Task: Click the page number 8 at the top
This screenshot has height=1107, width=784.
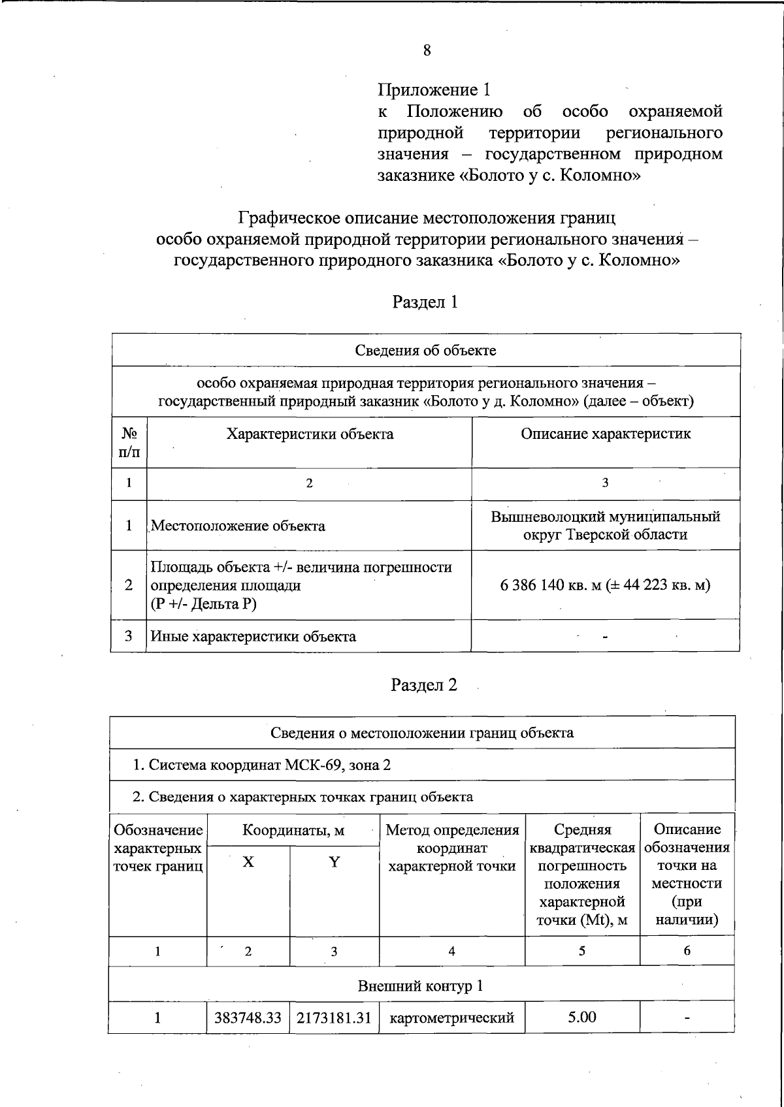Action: pos(426,51)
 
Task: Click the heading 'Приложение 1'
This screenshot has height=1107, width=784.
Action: pos(434,89)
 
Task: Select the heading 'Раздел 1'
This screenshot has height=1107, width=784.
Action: pos(425,302)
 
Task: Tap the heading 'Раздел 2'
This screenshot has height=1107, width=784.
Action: pos(424,684)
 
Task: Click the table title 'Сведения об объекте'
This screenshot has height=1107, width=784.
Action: pos(425,350)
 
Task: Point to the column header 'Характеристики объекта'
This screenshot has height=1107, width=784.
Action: pos(310,434)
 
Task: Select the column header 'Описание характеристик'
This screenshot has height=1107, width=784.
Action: pos(605,434)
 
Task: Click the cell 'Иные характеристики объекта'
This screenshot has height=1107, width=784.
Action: pos(253,636)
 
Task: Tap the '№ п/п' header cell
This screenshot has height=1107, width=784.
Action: pos(129,442)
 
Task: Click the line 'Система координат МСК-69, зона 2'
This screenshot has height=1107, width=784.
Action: pos(261,765)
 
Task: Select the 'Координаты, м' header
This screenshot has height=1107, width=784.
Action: pos(293,830)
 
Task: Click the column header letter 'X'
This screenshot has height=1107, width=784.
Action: pos(248,862)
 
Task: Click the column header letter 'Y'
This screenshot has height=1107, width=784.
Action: pos(334,862)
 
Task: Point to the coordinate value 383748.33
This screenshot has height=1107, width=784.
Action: pos(248,1018)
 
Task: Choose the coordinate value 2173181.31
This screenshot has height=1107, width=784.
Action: pos(334,1018)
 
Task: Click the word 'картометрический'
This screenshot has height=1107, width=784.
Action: pos(451,1018)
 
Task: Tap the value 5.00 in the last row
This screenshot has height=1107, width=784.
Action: pos(581,1017)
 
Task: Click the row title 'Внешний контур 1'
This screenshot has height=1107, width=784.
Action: pos(420,986)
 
